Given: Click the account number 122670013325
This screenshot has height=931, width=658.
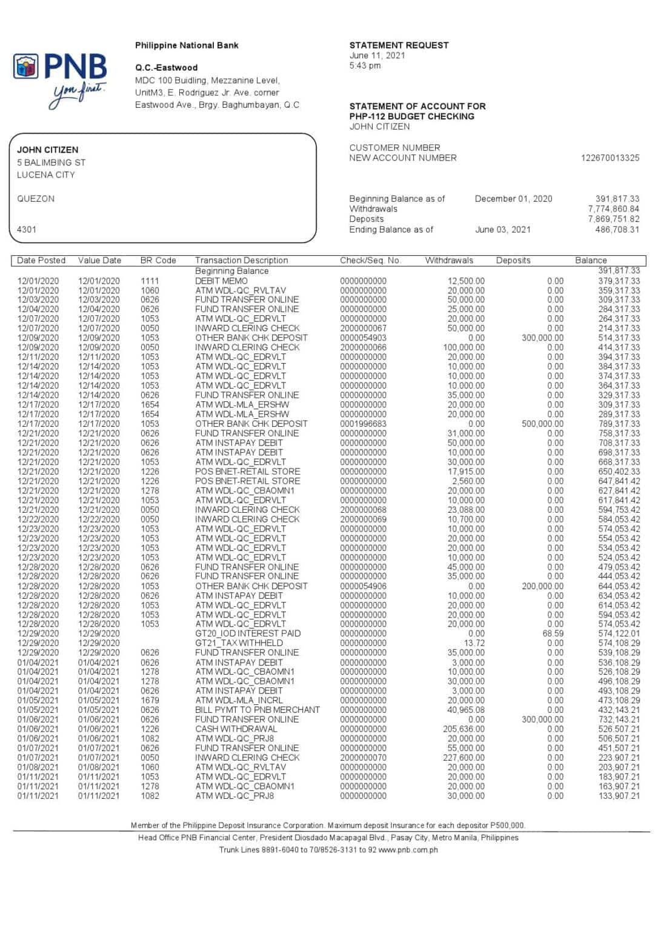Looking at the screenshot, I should pos(610,158).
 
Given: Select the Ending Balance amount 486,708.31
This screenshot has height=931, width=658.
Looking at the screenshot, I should pos(617,230).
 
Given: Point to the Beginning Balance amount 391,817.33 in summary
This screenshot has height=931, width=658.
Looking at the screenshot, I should pos(617,199).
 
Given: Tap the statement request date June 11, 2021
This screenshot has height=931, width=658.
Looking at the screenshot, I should pos(377,55).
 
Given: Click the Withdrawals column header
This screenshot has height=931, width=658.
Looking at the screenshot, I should pos(449,261).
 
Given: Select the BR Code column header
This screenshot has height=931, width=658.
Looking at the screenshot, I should pos(158,261).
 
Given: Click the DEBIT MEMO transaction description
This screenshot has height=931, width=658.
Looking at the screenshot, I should pos(221,281).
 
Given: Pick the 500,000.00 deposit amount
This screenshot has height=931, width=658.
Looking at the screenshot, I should pos(542,424).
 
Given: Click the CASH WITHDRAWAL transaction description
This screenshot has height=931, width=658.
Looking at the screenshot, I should pos(236,729).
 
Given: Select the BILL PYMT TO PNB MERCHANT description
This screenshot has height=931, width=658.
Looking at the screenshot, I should pos(258,710).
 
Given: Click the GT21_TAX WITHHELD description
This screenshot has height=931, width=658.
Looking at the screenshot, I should pos(239,643).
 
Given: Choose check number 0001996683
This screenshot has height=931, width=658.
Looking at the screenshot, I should pos(363,424).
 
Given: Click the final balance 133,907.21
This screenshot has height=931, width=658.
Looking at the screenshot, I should pos(619,796).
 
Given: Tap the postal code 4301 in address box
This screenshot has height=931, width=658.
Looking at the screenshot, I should pos(27,230).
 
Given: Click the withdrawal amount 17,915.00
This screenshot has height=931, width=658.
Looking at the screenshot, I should pos(466,472).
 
